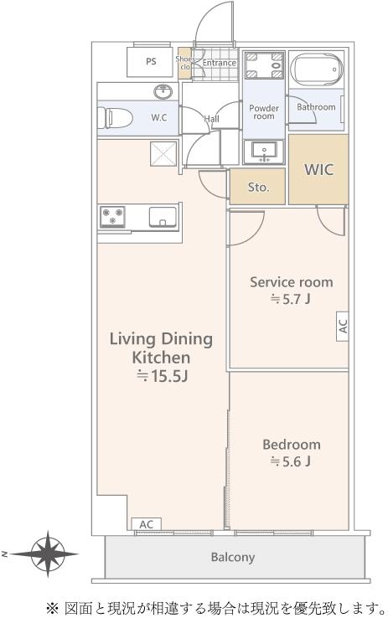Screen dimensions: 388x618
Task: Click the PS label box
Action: [150, 62]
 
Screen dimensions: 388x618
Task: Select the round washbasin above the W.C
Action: [163, 92]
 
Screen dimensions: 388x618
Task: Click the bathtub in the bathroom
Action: [317, 70]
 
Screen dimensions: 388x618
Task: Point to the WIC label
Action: [318, 169]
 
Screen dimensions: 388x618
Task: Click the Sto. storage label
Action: [258, 188]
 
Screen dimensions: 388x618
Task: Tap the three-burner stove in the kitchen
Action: [112, 217]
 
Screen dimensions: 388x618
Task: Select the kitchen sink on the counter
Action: [163, 217]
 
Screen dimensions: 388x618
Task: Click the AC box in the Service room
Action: [342, 326]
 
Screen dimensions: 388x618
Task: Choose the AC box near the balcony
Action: [146, 524]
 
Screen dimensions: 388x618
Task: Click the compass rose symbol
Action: [48, 554]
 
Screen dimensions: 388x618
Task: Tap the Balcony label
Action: [233, 557]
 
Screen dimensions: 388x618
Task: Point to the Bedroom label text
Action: [292, 445]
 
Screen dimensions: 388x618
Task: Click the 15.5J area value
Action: [162, 376]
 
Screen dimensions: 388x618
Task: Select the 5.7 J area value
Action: [291, 299]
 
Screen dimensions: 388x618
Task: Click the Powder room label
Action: [264, 112]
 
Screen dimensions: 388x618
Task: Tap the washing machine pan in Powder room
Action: [264, 65]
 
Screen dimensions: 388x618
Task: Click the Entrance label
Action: [220, 63]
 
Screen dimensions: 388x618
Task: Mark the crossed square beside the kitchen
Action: [163, 154]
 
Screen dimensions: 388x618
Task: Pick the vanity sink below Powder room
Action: [264, 152]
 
